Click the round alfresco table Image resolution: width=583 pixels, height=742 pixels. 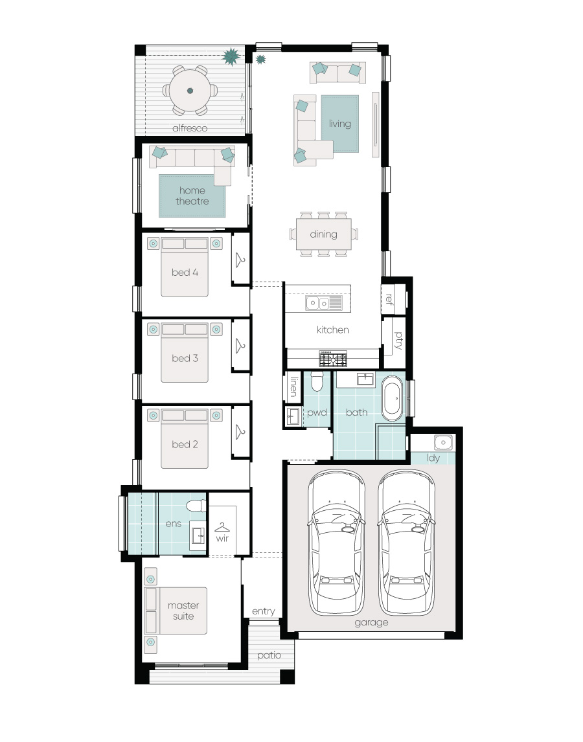(x=190, y=91)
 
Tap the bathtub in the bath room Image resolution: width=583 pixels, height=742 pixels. (x=392, y=398)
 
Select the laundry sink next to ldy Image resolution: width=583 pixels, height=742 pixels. (x=443, y=442)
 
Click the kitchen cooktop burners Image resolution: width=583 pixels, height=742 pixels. (x=333, y=359)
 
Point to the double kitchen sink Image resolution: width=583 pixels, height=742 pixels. (x=323, y=303)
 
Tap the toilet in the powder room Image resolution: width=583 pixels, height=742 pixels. (x=316, y=381)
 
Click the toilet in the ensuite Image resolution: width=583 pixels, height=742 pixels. (x=196, y=506)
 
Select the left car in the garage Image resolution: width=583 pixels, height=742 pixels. (x=337, y=542)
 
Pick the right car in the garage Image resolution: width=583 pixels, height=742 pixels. (x=407, y=542)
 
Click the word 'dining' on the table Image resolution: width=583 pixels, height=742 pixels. (x=323, y=234)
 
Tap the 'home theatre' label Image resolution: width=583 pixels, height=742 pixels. (x=192, y=196)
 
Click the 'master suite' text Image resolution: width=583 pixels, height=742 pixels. (x=183, y=611)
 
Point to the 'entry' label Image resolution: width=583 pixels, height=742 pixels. (x=263, y=611)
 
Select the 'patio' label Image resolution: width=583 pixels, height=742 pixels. (x=269, y=655)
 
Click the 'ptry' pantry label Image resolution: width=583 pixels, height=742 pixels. (x=399, y=340)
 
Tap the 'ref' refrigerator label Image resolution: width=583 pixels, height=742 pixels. (x=389, y=298)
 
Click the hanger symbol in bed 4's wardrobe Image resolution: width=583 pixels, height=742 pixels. (x=240, y=260)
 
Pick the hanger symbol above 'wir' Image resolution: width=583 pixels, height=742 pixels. (x=222, y=528)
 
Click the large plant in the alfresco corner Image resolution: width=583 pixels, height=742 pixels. (x=231, y=56)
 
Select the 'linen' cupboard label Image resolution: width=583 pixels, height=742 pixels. (x=294, y=387)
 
